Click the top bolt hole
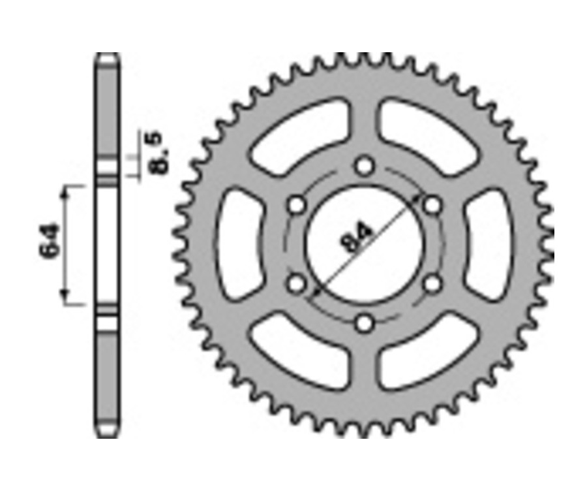pos(365,166)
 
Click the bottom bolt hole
pos(365,323)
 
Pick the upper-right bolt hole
pos(432,205)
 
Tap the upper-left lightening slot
pos(299,135)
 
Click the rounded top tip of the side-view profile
pos(107,57)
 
